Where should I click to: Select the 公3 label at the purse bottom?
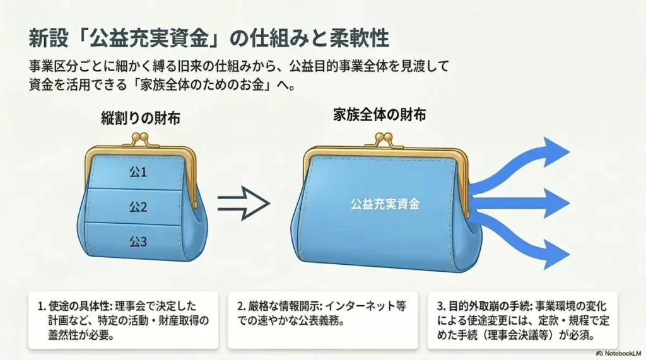pyautogui.click(x=138, y=241)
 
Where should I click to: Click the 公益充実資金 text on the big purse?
pyautogui.click(x=385, y=204)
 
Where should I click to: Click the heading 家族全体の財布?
pyautogui.click(x=379, y=115)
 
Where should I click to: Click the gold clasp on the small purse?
pyautogui.click(x=144, y=139)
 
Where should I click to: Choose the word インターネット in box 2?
pyautogui.click(x=363, y=307)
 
